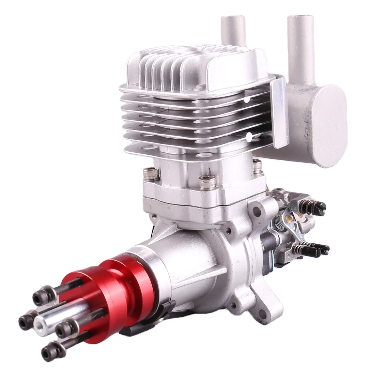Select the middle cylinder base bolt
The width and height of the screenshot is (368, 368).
point(206,183)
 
